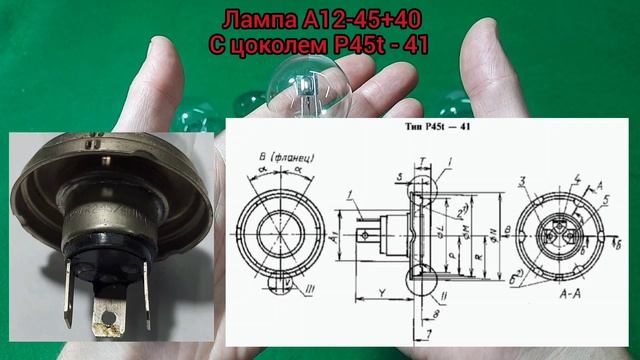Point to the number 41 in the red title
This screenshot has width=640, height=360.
414,44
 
